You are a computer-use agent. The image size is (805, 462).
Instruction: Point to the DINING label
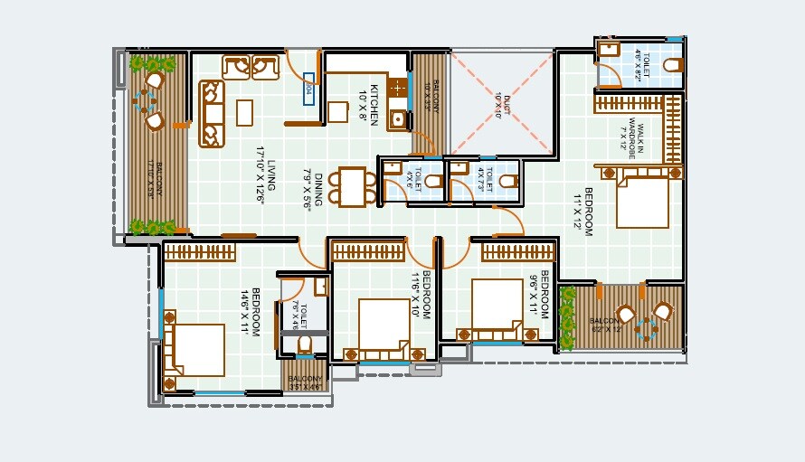(311, 189)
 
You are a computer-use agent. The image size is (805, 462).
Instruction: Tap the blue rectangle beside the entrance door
(308, 89)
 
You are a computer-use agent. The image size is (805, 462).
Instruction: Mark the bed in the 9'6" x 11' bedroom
(497, 306)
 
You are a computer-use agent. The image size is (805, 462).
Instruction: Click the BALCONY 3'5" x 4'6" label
(306, 382)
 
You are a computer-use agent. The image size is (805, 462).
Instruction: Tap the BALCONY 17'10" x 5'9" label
(159, 179)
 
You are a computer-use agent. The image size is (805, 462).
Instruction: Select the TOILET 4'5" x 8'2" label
(641, 66)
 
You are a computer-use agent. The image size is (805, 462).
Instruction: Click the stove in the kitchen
(397, 87)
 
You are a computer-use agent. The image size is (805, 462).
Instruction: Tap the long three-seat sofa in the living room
(212, 113)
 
